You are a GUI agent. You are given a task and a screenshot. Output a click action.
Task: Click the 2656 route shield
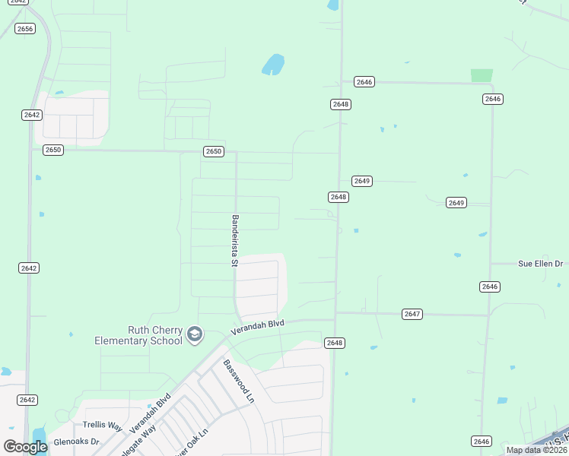click(x=25, y=29)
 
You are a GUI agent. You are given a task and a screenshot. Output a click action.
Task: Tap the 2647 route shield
click(x=412, y=314)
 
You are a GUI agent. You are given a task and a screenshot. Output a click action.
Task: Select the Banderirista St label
click(x=235, y=241)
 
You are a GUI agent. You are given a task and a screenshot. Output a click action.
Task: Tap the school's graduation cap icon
click(x=195, y=334)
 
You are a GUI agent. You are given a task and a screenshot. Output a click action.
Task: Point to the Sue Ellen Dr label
click(x=540, y=264)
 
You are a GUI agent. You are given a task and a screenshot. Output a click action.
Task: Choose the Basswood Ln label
click(x=239, y=380)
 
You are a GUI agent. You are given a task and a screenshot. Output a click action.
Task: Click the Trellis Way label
click(x=102, y=426)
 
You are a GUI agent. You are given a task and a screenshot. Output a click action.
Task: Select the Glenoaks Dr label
click(x=76, y=442)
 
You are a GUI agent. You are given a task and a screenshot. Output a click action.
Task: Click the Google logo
click(x=25, y=447)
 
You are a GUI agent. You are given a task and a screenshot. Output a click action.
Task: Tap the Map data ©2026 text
click(x=536, y=450)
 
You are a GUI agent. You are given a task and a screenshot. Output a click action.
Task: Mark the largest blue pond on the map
click(x=273, y=65)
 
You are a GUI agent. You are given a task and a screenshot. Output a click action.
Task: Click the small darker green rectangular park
click(x=481, y=75)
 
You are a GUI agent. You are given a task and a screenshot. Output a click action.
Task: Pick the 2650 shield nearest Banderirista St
click(x=214, y=151)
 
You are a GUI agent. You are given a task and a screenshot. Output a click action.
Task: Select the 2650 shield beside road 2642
click(x=52, y=150)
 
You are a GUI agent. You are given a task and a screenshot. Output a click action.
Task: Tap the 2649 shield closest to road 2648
click(x=361, y=181)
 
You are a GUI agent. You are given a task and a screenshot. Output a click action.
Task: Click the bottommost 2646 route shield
click(x=481, y=441)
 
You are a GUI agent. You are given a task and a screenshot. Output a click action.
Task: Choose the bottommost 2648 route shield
click(x=335, y=343)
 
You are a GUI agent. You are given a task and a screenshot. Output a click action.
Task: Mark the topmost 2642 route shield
click(x=31, y=115)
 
